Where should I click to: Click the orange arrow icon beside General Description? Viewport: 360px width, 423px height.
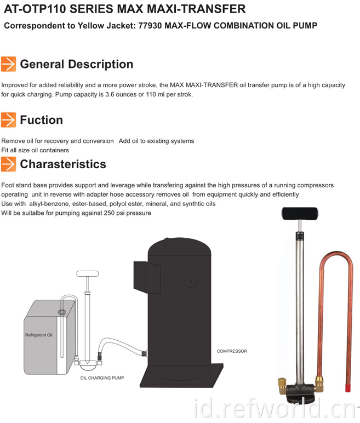pyautogui.click(x=8, y=64)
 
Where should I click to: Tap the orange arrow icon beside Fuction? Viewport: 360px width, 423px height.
pyautogui.click(x=8, y=120)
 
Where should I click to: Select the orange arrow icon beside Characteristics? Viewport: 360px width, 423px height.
pyautogui.click(x=8, y=164)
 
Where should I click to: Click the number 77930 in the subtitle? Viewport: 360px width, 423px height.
pyautogui.click(x=150, y=26)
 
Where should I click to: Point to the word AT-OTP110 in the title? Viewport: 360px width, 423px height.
pyautogui.click(x=35, y=9)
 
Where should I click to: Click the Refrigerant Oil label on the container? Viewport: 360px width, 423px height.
pyautogui.click(x=38, y=335)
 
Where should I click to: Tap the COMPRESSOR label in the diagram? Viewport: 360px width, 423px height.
pyautogui.click(x=232, y=351)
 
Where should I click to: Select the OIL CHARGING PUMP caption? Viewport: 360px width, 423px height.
pyautogui.click(x=102, y=378)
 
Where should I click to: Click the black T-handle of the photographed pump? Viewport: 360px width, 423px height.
pyautogui.click(x=300, y=213)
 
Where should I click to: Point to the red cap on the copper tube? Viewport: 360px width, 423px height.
pyautogui.click(x=348, y=388)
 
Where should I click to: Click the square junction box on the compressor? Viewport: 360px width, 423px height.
pyautogui.click(x=147, y=277)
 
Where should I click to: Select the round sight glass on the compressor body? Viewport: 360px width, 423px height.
pyautogui.click(x=191, y=282)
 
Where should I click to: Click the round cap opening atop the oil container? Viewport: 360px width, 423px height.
pyautogui.click(x=62, y=312)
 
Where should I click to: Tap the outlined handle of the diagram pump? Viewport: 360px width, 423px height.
pyautogui.click(x=88, y=273)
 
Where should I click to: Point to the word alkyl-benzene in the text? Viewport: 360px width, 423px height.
pyautogui.click(x=49, y=204)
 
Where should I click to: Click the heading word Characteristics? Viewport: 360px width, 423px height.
pyautogui.click(x=63, y=164)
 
